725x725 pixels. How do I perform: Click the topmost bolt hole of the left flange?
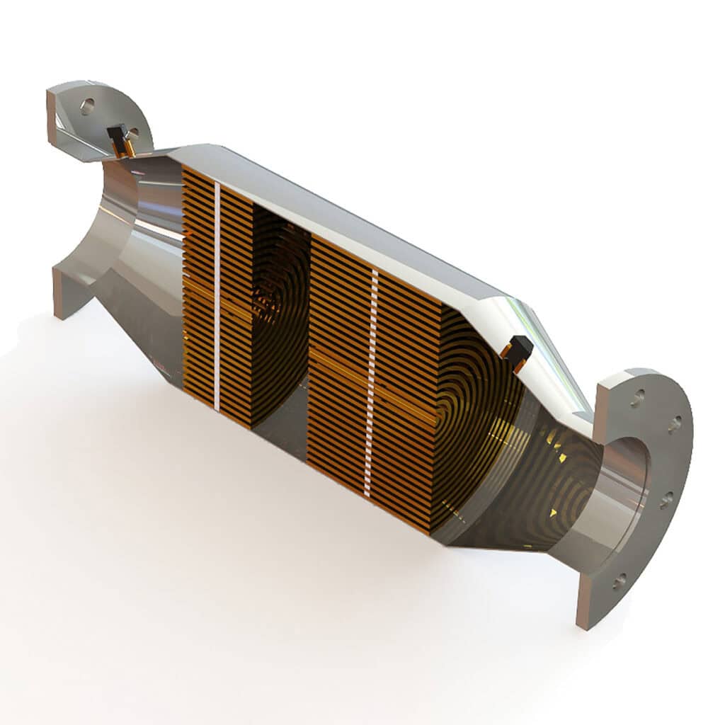point(87,106)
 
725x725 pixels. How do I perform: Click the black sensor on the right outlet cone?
point(520,348)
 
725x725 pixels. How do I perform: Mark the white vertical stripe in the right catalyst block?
point(370,382)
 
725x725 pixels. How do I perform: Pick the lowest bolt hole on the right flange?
point(619,582)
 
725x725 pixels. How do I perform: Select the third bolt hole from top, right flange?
point(666,500)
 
